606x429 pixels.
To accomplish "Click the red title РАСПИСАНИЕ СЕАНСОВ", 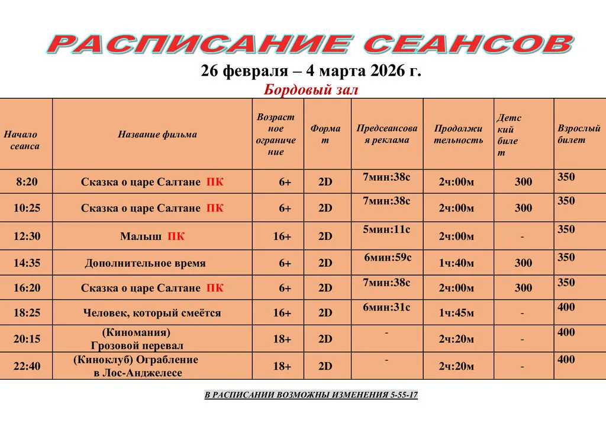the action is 311,44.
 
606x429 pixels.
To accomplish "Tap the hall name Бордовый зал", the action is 311,90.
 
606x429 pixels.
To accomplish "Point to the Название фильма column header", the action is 157,135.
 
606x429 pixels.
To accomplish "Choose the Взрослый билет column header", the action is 579,134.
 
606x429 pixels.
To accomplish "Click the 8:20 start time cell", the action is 27,182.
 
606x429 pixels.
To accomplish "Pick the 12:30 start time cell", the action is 27,236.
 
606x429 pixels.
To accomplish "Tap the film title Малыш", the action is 141,236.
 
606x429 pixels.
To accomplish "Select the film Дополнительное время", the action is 145,263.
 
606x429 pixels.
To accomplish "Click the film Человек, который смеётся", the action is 152,313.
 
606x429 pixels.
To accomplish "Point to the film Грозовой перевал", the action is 137,345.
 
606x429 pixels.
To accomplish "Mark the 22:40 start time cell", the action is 27,366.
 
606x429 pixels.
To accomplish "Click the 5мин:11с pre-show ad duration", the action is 386,229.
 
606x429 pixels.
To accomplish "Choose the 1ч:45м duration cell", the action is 456,313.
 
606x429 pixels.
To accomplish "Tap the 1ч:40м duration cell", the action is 456,263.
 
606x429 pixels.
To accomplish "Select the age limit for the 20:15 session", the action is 282,339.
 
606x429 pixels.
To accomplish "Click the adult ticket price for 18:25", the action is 566,307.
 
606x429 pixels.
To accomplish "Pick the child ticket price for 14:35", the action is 523,263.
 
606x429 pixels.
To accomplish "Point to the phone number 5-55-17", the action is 404,395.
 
